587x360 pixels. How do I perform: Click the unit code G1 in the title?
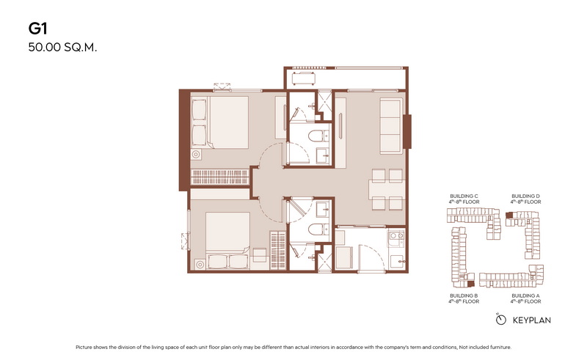click(37, 29)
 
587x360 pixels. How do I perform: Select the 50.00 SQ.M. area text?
click(62, 48)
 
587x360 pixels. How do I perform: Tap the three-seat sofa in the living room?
click(391, 125)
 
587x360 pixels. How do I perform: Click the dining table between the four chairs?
click(387, 189)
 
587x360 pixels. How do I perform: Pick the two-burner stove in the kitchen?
click(396, 239)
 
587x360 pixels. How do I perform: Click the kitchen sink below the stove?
click(397, 261)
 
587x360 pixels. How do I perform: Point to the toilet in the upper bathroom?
click(317, 136)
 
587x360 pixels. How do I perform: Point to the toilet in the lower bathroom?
click(317, 229)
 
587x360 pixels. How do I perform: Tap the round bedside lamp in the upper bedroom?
click(195, 154)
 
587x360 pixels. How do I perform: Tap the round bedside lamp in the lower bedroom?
click(200, 265)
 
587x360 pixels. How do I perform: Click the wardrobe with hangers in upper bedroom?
click(219, 177)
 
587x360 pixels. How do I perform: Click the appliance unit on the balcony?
click(303, 79)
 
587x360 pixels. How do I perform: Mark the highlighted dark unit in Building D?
click(509, 215)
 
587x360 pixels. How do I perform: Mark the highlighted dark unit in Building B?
click(471, 284)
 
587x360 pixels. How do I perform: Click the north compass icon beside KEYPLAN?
click(500, 320)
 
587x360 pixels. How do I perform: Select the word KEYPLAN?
click(531, 320)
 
